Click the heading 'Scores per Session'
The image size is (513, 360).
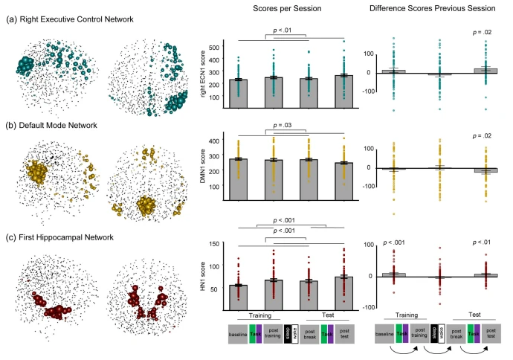tap(287, 8)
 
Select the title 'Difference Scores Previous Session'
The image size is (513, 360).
tap(432, 8)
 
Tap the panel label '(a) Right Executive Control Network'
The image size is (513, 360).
tap(70, 19)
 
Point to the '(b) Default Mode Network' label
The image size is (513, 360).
tap(51, 126)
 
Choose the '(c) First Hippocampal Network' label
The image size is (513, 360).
tap(59, 237)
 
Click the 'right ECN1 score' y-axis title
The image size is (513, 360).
tap(203, 74)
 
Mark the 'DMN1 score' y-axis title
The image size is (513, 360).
tap(203, 166)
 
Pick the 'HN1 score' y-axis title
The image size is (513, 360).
tap(203, 277)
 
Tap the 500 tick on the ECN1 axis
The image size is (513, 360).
tap(214, 48)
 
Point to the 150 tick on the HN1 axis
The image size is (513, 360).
tap(214, 244)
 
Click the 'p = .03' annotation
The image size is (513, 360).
tap(282, 126)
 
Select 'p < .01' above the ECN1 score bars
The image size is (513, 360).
tap(282, 30)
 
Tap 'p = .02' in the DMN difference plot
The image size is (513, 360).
tap(482, 136)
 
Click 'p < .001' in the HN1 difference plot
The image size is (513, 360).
tap(394, 242)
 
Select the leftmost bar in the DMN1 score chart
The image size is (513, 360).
tap(238, 179)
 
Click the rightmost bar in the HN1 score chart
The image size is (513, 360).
tap(343, 294)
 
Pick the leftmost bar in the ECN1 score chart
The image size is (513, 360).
tap(238, 94)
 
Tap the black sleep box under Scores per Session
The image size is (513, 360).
tap(288, 334)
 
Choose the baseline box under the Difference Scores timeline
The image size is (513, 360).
tap(384, 334)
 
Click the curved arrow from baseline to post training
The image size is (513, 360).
tap(404, 353)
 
